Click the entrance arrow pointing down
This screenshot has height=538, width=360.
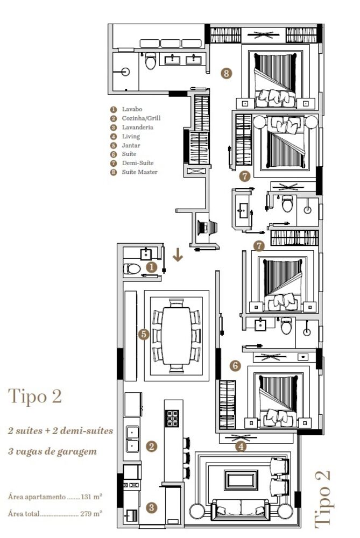tap(178, 256)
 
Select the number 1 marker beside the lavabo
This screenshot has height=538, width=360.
tap(152, 266)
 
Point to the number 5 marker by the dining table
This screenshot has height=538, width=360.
tap(143, 334)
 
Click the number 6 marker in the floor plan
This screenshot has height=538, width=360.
tap(235, 366)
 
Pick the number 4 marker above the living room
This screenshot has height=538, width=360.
tap(242, 445)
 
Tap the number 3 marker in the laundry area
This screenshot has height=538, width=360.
tap(152, 507)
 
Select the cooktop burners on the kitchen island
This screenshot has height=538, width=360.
tap(173, 418)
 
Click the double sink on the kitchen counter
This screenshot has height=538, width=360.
tap(132, 438)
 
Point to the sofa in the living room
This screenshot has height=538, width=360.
tap(241, 508)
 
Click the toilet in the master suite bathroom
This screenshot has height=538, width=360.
tap(150, 62)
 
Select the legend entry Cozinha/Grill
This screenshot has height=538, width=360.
tap(141, 118)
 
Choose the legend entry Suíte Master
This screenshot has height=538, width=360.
tap(139, 172)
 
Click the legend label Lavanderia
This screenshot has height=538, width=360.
tap(137, 127)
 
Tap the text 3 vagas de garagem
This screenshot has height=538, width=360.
tap(52, 451)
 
